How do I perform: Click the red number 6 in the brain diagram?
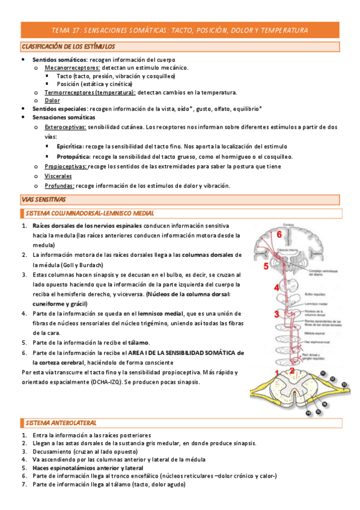pos(279,234)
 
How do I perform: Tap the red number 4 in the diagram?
pos(276,287)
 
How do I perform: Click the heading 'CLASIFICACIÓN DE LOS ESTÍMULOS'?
pos(69,46)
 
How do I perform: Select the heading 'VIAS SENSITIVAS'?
pos(43,199)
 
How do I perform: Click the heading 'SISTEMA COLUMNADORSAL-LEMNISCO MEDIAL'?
pos(90,213)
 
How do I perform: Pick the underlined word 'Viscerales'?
pos(58,176)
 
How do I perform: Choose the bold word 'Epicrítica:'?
pos(70,146)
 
